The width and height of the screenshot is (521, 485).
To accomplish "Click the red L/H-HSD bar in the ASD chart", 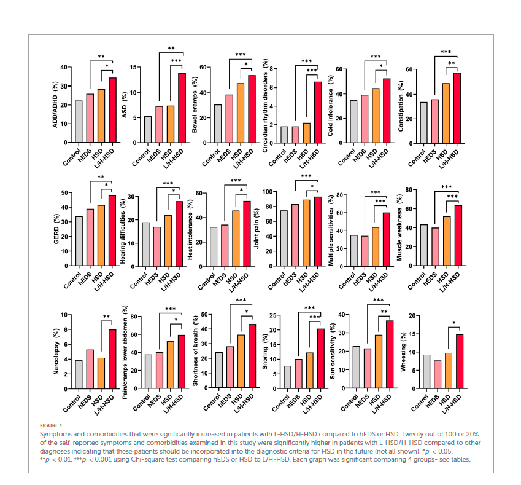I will click(x=182, y=108).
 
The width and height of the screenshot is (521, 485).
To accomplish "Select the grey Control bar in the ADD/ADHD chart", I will click(x=79, y=122).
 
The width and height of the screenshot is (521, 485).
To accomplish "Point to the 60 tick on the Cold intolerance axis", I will click(x=339, y=69).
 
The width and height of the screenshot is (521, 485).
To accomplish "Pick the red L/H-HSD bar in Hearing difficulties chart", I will click(x=179, y=234).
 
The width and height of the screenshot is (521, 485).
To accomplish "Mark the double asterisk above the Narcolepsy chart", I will click(x=106, y=317).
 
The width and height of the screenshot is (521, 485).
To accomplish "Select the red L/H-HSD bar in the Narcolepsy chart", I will click(x=112, y=360).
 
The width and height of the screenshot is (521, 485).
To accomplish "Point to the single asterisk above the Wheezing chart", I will click(x=453, y=323).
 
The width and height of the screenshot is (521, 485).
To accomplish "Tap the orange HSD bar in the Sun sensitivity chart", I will click(x=379, y=362).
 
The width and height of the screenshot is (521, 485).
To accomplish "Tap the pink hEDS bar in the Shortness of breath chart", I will click(x=230, y=368).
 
